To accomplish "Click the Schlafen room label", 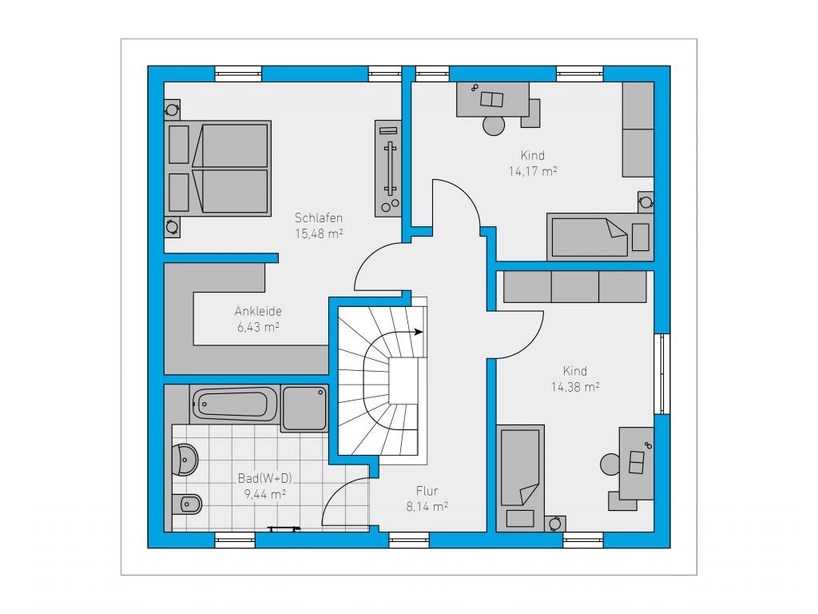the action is (x=318, y=217).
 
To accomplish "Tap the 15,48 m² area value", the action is (x=319, y=233).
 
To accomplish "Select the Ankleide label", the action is (x=258, y=311).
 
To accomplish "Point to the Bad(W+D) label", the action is (x=264, y=478).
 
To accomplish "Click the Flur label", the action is (x=427, y=491).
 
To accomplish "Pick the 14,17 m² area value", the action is (x=533, y=171).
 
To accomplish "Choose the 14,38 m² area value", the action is (x=575, y=387).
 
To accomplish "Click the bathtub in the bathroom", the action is (x=235, y=404).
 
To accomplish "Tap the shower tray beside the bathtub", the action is (x=304, y=408).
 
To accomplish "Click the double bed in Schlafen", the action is (x=218, y=168).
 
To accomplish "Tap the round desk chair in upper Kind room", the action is (x=494, y=126).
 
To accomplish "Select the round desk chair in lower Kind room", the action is (x=610, y=464).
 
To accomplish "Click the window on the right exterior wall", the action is (x=662, y=374).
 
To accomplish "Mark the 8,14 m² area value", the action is (x=427, y=506).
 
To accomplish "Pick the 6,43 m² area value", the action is (x=258, y=327).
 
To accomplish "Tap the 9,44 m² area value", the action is (x=264, y=493).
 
